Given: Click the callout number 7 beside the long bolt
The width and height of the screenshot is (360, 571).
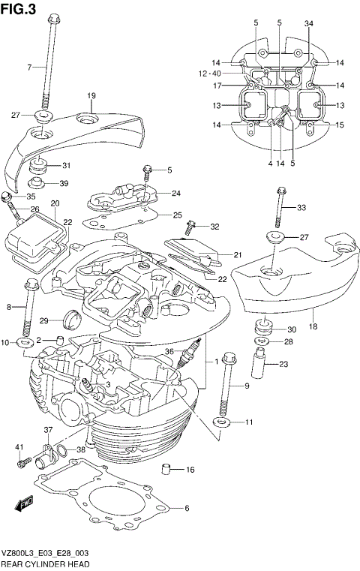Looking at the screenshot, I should pos(30,68).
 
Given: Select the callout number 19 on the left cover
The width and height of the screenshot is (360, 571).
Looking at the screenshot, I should pos(92,95).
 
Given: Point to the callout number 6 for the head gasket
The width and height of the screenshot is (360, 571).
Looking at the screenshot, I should pos(187,508).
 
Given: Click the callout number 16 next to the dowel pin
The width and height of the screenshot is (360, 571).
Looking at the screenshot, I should pos(190,470).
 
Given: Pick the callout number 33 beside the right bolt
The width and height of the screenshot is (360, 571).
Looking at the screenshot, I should pos(301,208).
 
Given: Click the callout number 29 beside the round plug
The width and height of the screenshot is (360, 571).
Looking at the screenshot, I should pos(44,321).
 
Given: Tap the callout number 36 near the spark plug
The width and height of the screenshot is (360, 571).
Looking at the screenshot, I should pos(170,350).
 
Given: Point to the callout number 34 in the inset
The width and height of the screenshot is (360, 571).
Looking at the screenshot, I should pos(308,24).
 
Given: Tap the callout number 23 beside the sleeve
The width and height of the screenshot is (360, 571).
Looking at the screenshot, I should pos(283,365).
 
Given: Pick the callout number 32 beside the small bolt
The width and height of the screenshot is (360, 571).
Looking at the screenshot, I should pos(215,227).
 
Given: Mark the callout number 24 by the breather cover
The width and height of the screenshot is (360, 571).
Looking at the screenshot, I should pos(175,194).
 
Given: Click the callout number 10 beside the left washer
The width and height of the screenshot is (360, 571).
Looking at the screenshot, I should pos(6,343).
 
